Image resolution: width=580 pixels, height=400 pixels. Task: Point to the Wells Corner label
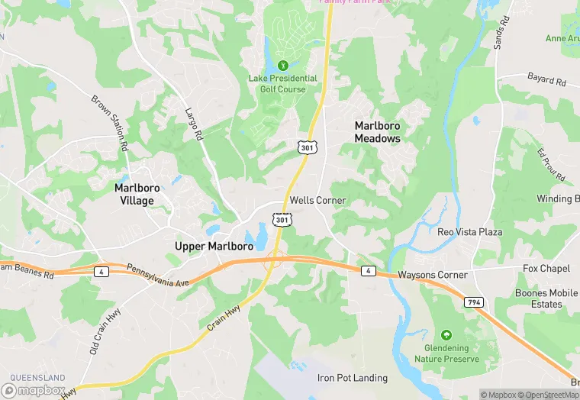click(318, 200)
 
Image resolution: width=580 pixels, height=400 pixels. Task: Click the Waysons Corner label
click(432, 275)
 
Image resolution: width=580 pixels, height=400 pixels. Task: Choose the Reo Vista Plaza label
click(470, 231)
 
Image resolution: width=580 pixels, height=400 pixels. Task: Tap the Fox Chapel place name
click(546, 269)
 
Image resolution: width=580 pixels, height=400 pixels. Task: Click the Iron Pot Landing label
click(353, 378)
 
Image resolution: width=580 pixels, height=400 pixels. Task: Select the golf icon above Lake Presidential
click(283, 65)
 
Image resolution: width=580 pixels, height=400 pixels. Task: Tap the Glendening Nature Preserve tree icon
click(446, 335)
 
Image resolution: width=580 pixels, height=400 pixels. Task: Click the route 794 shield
click(473, 302)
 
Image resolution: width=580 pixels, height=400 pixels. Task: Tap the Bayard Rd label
click(546, 79)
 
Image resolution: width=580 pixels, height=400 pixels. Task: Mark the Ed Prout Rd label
click(550, 166)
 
